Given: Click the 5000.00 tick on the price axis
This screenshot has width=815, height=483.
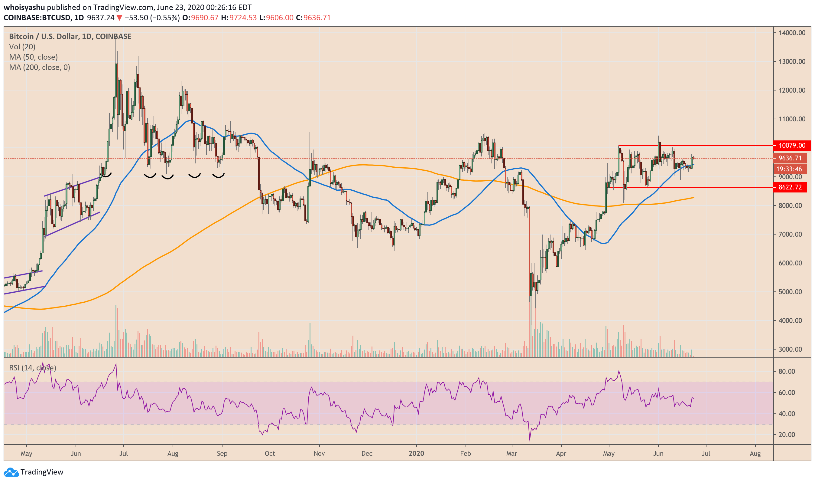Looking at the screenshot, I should click(790, 292).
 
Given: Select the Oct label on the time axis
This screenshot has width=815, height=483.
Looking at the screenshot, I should click(270, 454).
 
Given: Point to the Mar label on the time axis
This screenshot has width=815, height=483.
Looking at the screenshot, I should click(512, 454).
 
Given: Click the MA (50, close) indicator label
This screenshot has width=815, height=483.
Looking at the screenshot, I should click(33, 57).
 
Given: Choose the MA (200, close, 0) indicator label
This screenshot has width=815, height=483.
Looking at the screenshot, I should click(39, 67).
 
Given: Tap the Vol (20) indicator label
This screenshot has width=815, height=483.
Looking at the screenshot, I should click(22, 47).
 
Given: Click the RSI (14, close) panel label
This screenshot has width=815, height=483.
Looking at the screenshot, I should click(33, 368).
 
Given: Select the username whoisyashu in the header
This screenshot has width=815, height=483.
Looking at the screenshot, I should click(24, 7).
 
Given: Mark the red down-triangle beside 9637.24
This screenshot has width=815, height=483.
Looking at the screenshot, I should click(119, 18).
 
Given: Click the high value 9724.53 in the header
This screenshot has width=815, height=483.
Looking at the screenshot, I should click(243, 18).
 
